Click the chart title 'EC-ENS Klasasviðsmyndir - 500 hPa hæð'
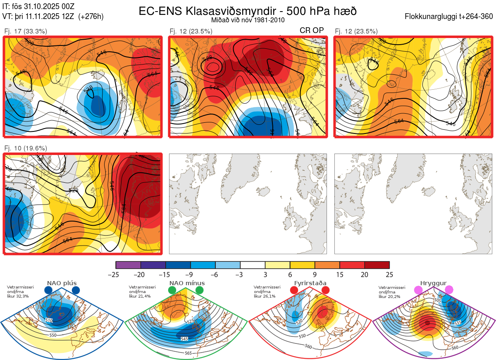pyautogui.click(x=248, y=11)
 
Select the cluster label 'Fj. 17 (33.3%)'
pyautogui.click(x=25, y=31)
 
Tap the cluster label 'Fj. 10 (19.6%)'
pyautogui.click(x=25, y=148)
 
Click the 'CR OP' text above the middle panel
pyautogui.click(x=312, y=30)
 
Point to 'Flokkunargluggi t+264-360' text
pyautogui.click(x=450, y=17)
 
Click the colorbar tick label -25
pyautogui.click(x=116, y=274)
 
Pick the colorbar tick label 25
pyautogui.click(x=389, y=274)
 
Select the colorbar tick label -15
pyautogui.click(x=165, y=274)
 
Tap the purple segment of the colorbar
pyautogui.click(x=128, y=265)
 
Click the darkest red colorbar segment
pyautogui.click(x=377, y=265)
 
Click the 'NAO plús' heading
pyautogui.click(x=62, y=283)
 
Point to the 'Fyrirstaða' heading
pyautogui.click(x=310, y=283)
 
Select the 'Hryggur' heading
pyautogui.click(x=432, y=283)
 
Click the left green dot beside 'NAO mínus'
pyautogui.click(x=172, y=290)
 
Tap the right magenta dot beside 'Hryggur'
pyautogui.click(x=449, y=290)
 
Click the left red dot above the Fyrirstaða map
pyautogui.click(x=294, y=290)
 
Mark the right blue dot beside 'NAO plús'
pyautogui.click(x=76, y=290)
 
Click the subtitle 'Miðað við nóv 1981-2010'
pyautogui.click(x=248, y=20)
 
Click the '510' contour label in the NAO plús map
pyautogui.click(x=49, y=320)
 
